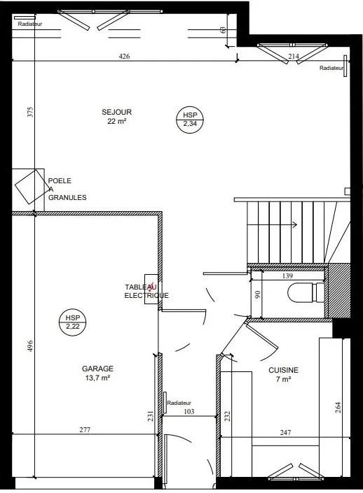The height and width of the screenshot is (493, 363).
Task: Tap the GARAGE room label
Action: [97, 369]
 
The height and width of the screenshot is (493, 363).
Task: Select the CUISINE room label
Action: [283, 370]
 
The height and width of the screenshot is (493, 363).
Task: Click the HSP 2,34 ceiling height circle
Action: [190, 120]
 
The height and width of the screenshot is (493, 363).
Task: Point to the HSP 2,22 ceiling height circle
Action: [73, 322]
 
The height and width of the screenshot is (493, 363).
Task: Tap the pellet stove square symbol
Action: [30, 187]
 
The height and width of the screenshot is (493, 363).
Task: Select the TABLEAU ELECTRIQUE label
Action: [146, 291]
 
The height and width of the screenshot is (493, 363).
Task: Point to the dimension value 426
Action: [124, 56]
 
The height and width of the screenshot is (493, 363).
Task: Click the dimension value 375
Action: [30, 113]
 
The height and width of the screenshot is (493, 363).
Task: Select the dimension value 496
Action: [30, 346]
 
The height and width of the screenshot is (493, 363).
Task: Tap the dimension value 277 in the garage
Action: [85, 429]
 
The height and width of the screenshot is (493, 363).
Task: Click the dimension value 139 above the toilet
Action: [287, 276]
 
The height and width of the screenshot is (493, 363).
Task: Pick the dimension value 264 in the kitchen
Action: [338, 408]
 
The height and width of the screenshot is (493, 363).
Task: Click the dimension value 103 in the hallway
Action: [189, 411]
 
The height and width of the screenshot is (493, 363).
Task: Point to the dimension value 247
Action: [285, 433]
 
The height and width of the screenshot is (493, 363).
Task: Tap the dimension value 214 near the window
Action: [294, 56]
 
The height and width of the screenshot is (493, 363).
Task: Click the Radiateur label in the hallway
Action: [179, 403]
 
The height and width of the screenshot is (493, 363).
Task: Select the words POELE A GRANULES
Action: [67, 190]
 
